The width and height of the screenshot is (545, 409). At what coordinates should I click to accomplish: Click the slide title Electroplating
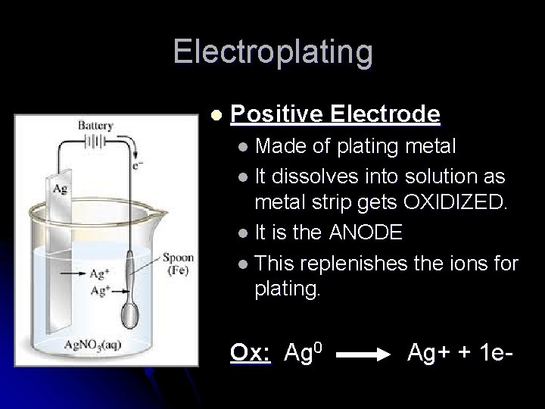click(x=272, y=52)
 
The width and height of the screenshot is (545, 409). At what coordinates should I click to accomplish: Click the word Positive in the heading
click(x=277, y=114)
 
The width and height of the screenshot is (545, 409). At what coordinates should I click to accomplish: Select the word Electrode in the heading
click(x=386, y=114)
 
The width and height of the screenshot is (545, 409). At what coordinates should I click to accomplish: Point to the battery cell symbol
click(x=95, y=140)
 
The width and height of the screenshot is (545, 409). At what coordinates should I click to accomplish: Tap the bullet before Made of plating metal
click(x=241, y=144)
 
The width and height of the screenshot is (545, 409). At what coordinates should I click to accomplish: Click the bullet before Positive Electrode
click(x=216, y=115)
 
